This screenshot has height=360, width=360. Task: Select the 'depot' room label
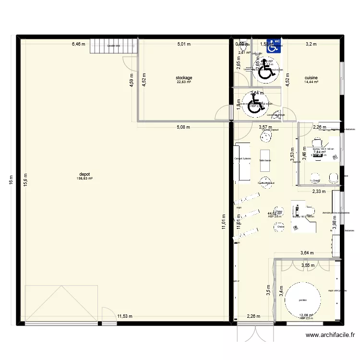(84, 174)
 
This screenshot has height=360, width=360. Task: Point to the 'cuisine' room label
(311, 77)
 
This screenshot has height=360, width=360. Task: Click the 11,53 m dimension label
(124, 316)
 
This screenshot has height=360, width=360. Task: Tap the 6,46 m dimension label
(79, 44)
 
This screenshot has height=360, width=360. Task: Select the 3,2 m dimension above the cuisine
(311, 44)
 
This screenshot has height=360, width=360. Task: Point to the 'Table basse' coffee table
(265, 161)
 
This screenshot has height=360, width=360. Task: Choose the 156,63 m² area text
(84, 179)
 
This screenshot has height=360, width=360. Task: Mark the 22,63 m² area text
(184, 82)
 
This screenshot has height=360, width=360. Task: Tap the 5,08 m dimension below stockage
(183, 127)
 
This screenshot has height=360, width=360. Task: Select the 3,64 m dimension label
(307, 253)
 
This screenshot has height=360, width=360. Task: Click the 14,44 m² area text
(311, 82)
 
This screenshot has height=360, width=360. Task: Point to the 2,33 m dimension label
(319, 192)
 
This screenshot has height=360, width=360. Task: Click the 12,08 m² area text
(306, 315)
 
